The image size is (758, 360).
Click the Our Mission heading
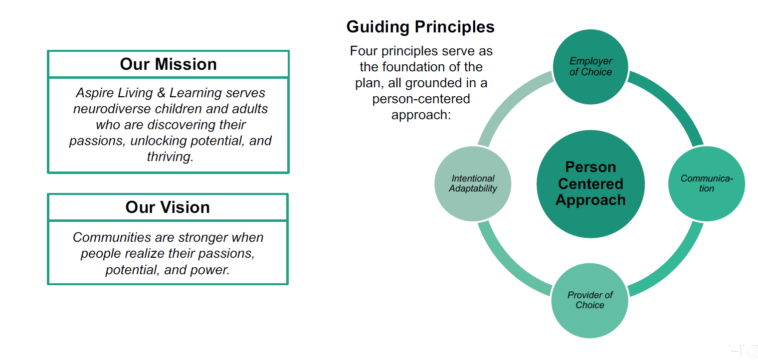click(168, 64)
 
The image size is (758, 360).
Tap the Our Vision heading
click(168, 207)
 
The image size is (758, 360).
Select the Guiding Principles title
click(420, 27)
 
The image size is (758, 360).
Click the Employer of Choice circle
click(590, 67)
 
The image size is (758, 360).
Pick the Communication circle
click(707, 183)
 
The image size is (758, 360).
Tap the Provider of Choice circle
click(590, 301)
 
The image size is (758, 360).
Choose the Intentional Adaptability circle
click(473, 183)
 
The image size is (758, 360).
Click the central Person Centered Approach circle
click(590, 184)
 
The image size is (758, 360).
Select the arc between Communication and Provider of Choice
click(673, 266)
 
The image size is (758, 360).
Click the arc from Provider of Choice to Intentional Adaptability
click(508, 266)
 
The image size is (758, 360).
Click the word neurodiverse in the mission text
click(112, 109)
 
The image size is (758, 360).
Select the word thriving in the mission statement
click(170, 157)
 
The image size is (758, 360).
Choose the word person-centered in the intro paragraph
click(421, 99)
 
